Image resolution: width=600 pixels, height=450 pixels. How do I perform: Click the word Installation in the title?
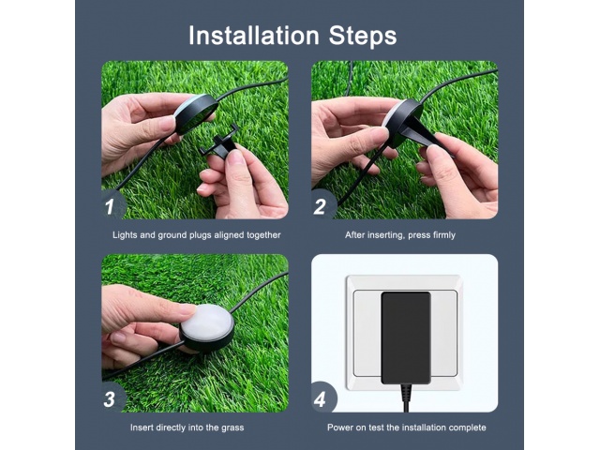coord(254,36)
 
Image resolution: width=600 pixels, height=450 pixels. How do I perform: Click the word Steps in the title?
coord(363,36)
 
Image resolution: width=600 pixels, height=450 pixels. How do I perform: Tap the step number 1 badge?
coord(112,206)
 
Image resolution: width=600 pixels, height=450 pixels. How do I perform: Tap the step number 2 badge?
coord(322,206)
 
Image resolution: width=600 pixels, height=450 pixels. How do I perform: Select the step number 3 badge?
coord(112,398)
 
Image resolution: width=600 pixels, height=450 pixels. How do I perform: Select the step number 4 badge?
coord(322,398)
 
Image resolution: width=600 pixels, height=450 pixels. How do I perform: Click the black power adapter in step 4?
coord(406,337)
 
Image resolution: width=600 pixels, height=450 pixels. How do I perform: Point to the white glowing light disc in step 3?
coord(206,322)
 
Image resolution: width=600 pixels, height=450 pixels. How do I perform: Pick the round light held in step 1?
coord(196,113)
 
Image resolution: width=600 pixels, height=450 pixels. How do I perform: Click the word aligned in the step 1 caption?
coord(230,235)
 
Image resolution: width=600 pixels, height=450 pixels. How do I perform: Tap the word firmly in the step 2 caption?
coord(443,235)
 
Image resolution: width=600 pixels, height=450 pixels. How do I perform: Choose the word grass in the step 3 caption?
coord(232,427)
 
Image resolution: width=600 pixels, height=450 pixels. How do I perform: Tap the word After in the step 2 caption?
coord(354,234)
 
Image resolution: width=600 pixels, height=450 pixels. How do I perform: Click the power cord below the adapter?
coord(406,397)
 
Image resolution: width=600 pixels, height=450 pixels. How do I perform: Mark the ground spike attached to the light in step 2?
coord(425,135)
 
